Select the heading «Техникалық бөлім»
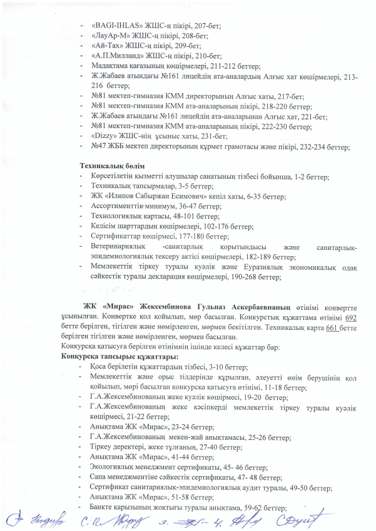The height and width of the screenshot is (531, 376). (111, 166)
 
